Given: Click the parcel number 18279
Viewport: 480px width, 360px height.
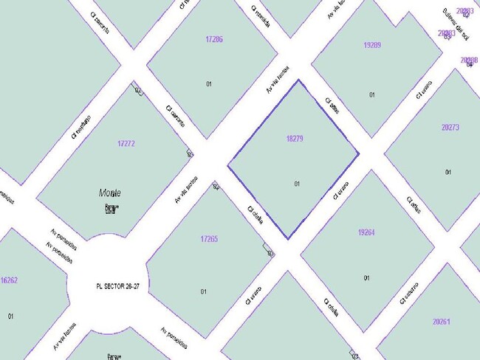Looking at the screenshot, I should (295, 138).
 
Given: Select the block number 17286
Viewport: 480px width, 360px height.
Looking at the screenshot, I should (214, 39).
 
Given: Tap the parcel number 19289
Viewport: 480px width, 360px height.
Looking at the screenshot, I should (372, 45).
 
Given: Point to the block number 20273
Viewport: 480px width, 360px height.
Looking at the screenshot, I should (450, 128).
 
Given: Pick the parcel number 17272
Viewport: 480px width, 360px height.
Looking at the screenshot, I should (126, 143).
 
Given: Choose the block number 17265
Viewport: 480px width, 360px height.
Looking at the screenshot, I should (209, 239).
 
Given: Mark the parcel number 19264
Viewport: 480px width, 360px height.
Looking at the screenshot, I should (366, 232).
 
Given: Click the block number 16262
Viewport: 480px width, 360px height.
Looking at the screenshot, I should (10, 280).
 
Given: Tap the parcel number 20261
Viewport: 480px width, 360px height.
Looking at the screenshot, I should (442, 322).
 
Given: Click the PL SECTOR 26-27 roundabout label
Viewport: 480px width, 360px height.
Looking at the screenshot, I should (117, 285).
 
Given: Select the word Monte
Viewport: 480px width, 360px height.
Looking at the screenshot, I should (110, 193).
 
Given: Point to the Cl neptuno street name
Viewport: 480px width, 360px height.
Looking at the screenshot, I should (81, 126).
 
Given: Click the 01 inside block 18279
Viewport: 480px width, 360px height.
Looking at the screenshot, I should (298, 184).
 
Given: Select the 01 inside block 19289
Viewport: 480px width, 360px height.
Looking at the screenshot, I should (372, 94).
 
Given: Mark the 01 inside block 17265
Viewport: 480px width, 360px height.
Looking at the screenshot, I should (203, 291).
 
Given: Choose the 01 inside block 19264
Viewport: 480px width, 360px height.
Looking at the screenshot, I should (366, 278).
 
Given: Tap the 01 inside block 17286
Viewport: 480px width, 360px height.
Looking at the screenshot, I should (209, 84).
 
